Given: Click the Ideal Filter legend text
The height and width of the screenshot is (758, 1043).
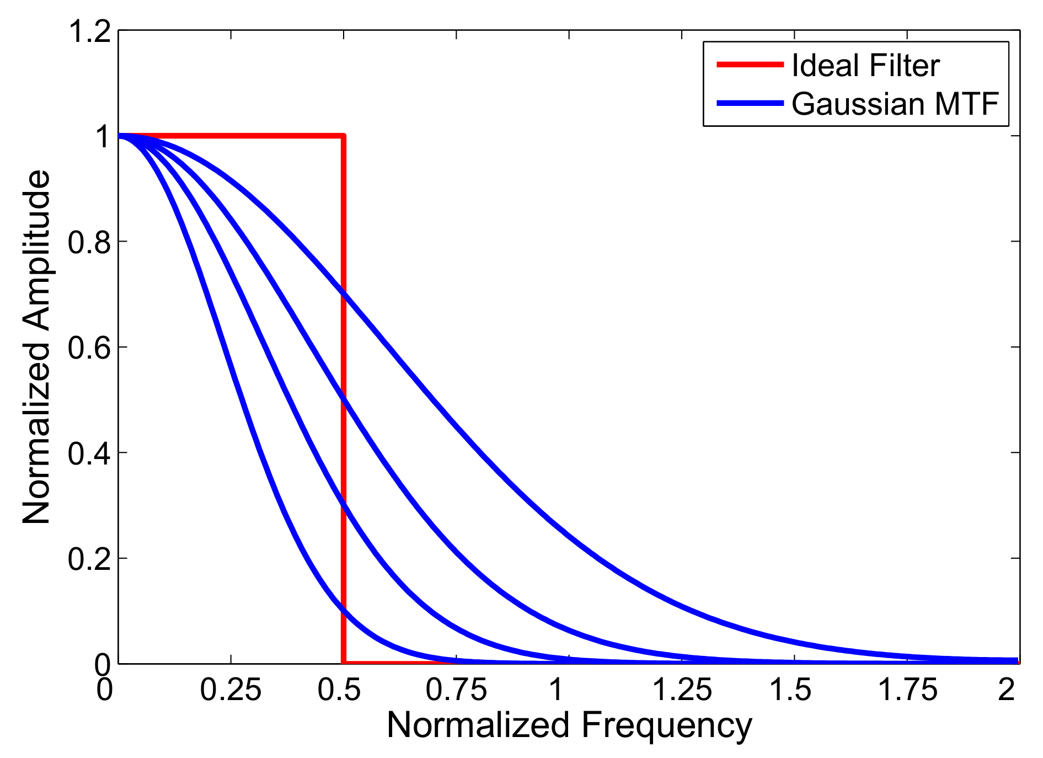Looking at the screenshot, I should click(x=865, y=66).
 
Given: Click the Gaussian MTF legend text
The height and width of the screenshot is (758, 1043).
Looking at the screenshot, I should click(x=895, y=104).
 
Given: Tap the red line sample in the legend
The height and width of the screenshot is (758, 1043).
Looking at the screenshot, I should click(x=750, y=65).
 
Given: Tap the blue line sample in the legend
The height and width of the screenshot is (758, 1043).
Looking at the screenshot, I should click(x=750, y=103).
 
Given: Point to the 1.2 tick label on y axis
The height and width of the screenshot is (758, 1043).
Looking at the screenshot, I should click(x=89, y=31).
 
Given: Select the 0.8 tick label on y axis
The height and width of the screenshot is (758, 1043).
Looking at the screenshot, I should click(x=89, y=242).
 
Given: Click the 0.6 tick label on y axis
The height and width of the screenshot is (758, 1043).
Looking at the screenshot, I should click(x=89, y=348).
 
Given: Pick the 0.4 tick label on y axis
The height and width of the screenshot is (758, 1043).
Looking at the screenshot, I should click(x=89, y=453).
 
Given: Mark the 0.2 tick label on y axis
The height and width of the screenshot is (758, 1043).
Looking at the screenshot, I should click(x=89, y=559).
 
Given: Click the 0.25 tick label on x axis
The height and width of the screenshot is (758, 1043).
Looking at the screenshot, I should click(x=231, y=690).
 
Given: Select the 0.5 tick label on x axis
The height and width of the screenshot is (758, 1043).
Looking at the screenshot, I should click(x=339, y=690).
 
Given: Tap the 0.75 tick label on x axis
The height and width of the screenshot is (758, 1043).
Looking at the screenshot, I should click(x=456, y=690).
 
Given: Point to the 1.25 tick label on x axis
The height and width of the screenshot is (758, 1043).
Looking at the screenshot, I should click(x=682, y=690).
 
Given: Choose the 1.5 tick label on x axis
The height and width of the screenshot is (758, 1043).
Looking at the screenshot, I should click(x=790, y=690).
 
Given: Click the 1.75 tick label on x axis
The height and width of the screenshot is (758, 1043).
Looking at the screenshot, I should click(x=907, y=690).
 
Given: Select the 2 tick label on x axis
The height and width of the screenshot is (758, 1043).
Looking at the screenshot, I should click(x=1007, y=690).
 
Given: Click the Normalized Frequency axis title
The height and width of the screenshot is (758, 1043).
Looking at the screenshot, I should click(x=569, y=725).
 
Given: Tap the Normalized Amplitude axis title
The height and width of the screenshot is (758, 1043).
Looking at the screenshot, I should click(x=37, y=347).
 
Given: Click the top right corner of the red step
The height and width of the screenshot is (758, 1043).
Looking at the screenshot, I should click(x=343, y=136).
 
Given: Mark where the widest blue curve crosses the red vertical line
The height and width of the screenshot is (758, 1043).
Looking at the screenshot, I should click(x=343, y=293).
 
